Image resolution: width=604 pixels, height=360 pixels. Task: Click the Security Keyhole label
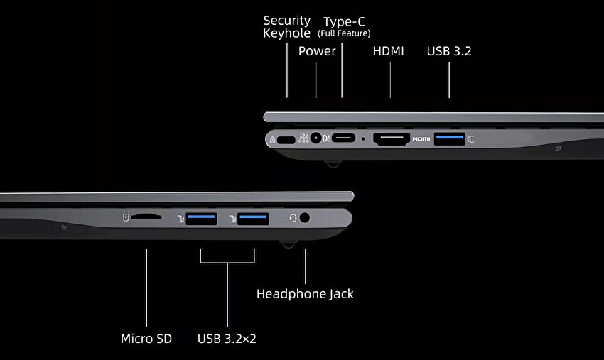[286, 26]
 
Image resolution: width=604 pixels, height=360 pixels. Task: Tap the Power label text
[317, 51]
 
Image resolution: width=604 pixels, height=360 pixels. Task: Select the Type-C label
[344, 26]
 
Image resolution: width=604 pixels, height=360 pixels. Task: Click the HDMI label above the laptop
[388, 51]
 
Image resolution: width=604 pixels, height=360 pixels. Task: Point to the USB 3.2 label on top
[449, 51]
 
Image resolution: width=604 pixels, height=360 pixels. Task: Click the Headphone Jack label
[305, 294]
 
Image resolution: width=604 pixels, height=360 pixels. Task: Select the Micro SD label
[146, 339]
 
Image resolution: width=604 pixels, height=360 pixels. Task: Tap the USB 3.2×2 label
[227, 339]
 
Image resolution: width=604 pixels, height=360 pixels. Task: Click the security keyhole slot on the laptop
[286, 140]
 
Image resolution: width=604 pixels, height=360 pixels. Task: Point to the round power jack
[316, 138]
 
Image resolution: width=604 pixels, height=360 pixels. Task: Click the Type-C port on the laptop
[344, 138]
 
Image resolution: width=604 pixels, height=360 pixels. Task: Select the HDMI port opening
[392, 139]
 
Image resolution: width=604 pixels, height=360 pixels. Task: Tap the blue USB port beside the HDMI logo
[450, 138]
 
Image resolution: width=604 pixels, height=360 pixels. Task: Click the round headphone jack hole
[304, 218]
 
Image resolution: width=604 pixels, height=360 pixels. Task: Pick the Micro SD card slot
[146, 217]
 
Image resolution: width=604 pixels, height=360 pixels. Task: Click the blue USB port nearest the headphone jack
[253, 219]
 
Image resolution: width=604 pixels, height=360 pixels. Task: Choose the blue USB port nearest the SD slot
[202, 219]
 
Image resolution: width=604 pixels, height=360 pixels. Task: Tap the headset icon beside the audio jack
[293, 218]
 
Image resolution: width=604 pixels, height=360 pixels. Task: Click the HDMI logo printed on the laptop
[421, 139]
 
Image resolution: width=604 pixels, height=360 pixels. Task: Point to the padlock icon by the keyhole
[272, 140]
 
